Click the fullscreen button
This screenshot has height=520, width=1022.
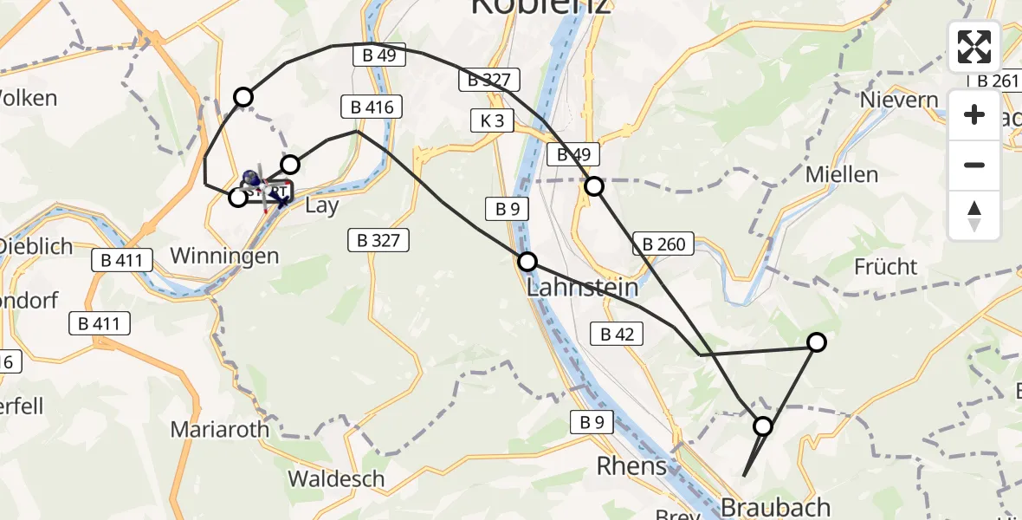[x=974, y=47]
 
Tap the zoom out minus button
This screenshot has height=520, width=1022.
[x=974, y=166]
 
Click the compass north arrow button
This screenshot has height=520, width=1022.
[x=974, y=216]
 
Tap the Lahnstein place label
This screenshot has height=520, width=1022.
[x=583, y=287]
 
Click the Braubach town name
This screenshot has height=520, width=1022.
[x=776, y=507]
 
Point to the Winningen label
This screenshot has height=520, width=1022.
[x=225, y=256]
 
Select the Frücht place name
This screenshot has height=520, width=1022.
[x=885, y=266]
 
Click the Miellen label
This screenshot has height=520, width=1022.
[x=841, y=174]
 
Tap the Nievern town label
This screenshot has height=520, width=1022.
[x=899, y=100]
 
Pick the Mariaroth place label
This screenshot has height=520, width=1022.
[x=220, y=429]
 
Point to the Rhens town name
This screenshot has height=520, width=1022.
[x=631, y=466]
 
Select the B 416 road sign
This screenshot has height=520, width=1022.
[x=372, y=107]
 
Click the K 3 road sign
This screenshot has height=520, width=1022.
[x=492, y=120]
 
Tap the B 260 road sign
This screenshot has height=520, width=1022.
[x=664, y=244]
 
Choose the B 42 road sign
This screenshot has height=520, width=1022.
[x=617, y=334]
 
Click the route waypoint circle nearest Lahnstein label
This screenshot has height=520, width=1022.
[x=527, y=262]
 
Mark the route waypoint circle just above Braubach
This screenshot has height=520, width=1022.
[x=763, y=426]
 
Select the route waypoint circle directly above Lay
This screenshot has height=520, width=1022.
[x=290, y=165]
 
